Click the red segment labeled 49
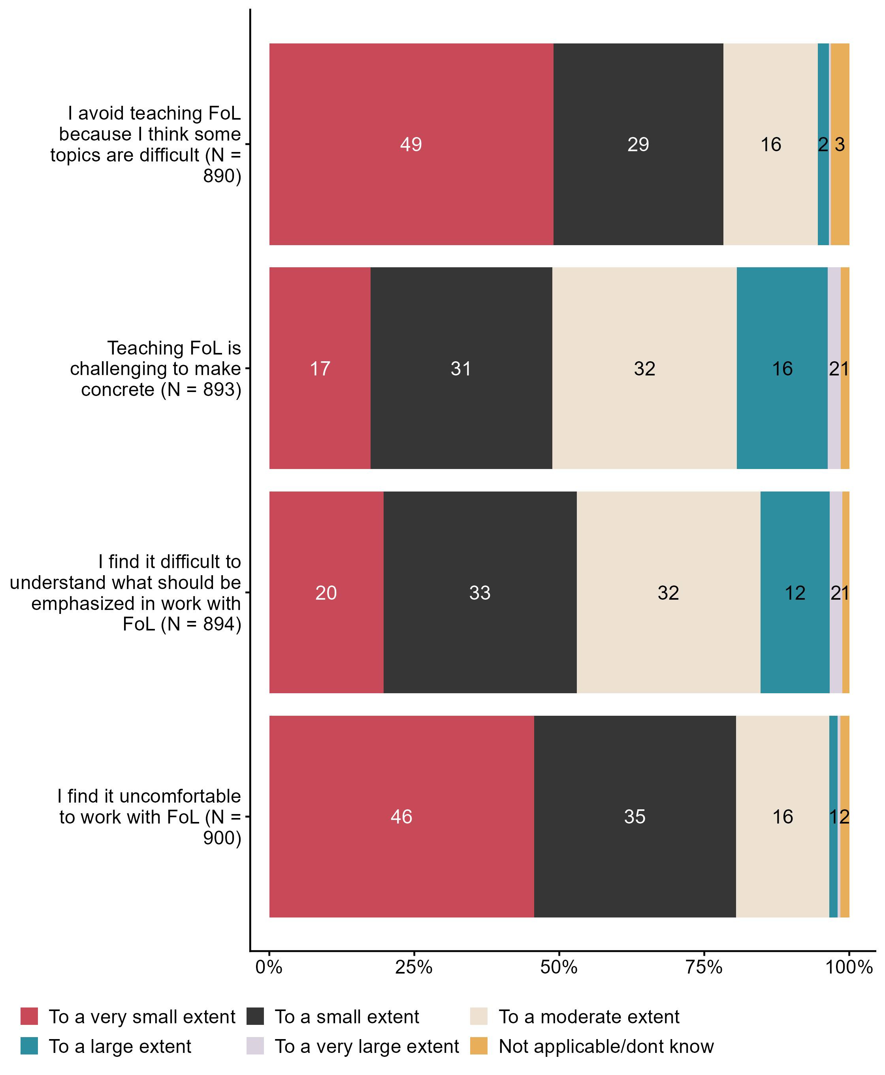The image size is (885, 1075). [x=411, y=144]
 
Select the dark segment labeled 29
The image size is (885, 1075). [x=638, y=144]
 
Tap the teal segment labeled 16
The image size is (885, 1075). [x=781, y=368]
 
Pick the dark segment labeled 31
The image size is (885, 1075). [x=461, y=368]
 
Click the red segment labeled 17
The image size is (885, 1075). [x=320, y=368]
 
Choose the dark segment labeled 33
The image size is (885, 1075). [x=480, y=593]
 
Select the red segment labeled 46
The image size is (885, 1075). [x=401, y=817]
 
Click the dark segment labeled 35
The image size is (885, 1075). [x=635, y=817]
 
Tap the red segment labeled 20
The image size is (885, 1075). [x=326, y=593]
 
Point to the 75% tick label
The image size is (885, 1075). [x=704, y=967]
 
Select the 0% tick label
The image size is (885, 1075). [x=269, y=967]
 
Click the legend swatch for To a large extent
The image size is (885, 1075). [x=29, y=1045]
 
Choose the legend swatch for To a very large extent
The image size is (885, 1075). [x=255, y=1045]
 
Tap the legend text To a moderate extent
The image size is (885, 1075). [x=589, y=1017]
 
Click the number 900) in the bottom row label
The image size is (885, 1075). [x=222, y=838]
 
